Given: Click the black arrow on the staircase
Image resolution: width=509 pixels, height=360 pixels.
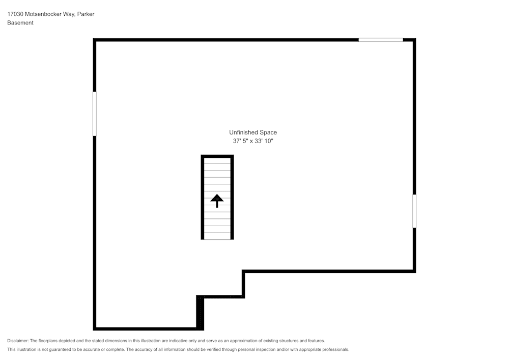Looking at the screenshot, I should click(217, 200).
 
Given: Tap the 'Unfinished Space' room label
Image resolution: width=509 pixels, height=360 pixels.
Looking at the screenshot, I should click(253, 132).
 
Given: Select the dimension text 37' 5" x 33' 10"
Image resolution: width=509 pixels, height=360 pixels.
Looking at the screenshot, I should click(253, 141).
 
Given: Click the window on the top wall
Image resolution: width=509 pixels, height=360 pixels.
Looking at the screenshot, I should click(381, 40).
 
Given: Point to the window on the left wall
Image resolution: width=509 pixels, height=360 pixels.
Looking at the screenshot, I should click(95, 114).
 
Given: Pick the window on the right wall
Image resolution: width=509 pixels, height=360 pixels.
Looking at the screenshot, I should click(414, 211).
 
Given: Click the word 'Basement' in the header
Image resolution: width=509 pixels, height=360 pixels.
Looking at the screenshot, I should click(20, 23).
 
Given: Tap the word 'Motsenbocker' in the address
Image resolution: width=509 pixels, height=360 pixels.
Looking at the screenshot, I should click(42, 14).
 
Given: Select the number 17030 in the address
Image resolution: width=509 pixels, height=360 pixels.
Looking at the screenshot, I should click(15, 14).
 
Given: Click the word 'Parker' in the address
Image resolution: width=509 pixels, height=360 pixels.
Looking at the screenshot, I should click(86, 14).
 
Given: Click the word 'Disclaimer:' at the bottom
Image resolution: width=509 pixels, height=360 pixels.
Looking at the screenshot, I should click(18, 341).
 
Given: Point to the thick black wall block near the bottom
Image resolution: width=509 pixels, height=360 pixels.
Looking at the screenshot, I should click(200, 313).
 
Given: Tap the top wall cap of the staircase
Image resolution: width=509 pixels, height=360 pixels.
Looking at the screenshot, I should click(217, 156).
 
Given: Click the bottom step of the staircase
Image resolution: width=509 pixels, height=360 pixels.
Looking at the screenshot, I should click(217, 236).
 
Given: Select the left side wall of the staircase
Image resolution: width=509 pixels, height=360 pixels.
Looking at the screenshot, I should click(203, 198).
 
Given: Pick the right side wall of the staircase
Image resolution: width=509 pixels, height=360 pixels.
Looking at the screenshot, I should click(232, 198).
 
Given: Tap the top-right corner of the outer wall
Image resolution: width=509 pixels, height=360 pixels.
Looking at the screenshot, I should click(414, 40).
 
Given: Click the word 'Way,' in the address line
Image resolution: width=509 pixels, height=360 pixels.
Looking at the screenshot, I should click(68, 14).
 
